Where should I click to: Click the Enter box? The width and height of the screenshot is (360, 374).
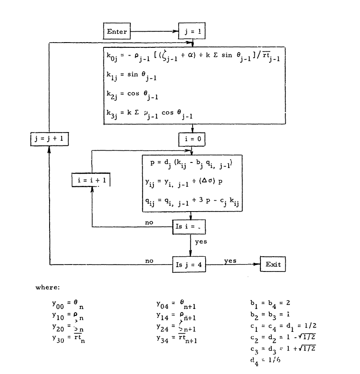117,32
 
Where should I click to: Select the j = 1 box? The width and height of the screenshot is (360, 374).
194,32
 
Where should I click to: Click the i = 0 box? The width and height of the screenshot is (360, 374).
191,139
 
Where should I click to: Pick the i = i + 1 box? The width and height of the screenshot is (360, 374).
90,179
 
